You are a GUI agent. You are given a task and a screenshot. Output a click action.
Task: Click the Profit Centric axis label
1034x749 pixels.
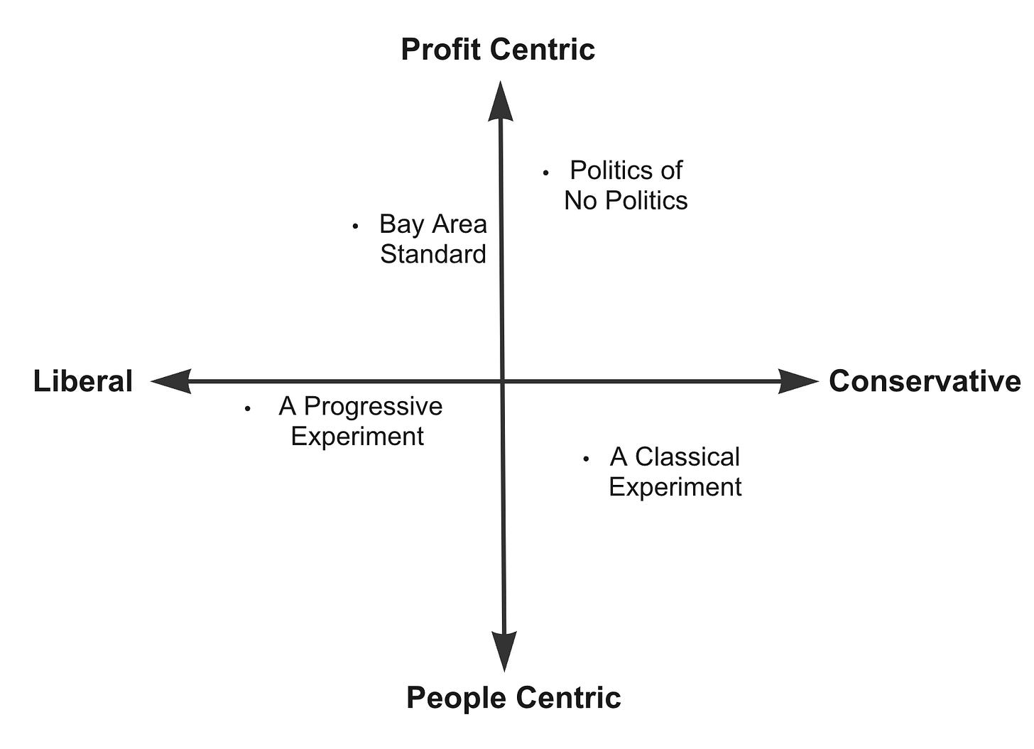498,50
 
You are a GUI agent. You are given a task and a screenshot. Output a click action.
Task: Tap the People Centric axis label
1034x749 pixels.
513,697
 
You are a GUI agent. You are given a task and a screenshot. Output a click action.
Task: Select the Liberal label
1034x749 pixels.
83,381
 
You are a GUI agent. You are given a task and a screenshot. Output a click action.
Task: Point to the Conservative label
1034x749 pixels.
925,381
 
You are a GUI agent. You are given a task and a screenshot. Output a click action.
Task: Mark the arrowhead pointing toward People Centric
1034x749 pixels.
504,650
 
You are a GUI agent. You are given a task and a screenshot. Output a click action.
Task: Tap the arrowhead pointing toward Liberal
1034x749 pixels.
172,381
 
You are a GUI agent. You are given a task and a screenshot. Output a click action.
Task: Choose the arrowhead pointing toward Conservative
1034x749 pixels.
798,381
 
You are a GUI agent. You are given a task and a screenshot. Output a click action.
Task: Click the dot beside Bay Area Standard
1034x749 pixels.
355,226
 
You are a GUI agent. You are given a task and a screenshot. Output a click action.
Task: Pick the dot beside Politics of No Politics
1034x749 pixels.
545,173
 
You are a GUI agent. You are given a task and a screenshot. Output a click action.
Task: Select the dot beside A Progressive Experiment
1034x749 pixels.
247,408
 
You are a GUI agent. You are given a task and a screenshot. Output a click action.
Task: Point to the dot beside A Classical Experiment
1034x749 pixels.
586,459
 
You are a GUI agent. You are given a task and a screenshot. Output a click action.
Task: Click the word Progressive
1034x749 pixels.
373,406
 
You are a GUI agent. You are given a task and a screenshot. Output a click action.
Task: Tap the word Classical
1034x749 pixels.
687,456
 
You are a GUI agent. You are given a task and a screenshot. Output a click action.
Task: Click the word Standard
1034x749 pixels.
433,254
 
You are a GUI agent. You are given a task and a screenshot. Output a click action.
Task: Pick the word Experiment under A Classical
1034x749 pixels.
675,487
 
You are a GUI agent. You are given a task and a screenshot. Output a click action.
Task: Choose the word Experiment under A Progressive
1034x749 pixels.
357,436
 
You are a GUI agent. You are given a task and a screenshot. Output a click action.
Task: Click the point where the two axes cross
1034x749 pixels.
503,381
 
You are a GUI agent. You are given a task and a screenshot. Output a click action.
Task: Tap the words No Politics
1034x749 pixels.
626,201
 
